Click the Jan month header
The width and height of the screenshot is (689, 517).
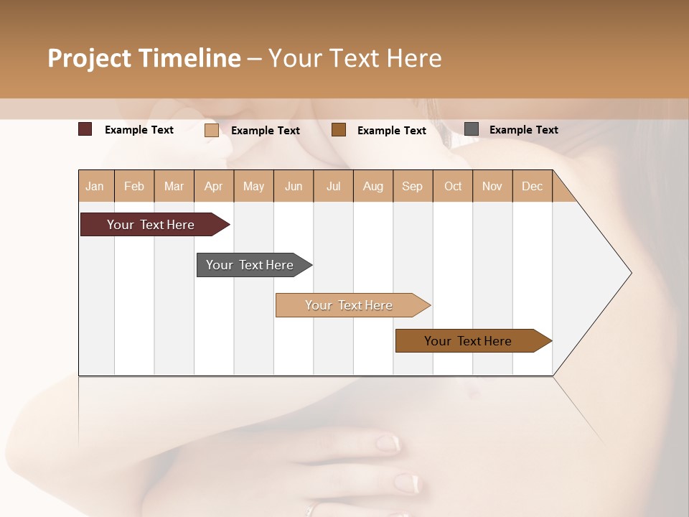(95, 186)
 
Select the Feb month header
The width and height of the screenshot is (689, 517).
(134, 186)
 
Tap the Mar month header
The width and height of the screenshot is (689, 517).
(174, 186)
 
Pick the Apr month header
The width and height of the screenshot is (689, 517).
(214, 186)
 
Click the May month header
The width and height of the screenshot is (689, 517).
(253, 186)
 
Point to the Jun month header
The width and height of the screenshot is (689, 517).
(294, 186)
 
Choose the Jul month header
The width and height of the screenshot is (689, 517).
(333, 186)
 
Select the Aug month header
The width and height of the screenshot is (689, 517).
(373, 186)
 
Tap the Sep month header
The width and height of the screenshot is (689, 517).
(413, 186)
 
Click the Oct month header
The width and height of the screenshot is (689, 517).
(453, 186)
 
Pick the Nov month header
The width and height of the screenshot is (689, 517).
(492, 186)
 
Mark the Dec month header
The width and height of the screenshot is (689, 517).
(533, 186)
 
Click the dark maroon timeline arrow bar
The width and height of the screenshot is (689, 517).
(151, 225)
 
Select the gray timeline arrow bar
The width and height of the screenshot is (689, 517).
(250, 265)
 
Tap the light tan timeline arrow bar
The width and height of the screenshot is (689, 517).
(349, 305)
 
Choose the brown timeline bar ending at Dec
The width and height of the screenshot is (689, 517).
(468, 341)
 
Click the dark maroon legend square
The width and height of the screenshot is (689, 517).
(85, 129)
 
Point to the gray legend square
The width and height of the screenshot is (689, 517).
(472, 129)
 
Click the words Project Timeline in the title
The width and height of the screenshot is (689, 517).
(144, 58)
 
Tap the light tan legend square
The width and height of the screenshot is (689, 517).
(212, 130)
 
